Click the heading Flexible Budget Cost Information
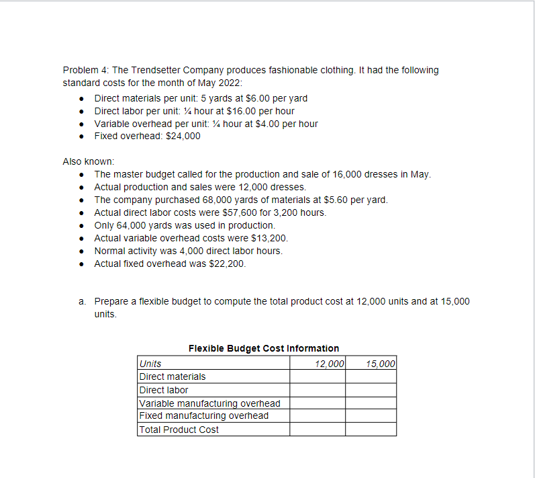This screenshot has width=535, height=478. [264, 348]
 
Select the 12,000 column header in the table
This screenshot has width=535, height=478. [329, 364]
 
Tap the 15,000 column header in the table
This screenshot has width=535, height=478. [381, 364]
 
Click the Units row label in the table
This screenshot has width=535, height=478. [150, 364]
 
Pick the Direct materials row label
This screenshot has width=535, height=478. [173, 376]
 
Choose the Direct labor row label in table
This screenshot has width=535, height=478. [164, 390]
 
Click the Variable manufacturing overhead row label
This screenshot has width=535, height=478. [209, 403]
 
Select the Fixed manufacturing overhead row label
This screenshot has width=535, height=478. [204, 415]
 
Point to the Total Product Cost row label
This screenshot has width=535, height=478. [179, 430]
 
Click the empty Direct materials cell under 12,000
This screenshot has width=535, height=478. [318, 376]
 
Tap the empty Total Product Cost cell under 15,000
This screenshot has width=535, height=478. [371, 430]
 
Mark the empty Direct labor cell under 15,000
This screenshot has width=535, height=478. [371, 390]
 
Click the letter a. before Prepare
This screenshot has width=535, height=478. [83, 301]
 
